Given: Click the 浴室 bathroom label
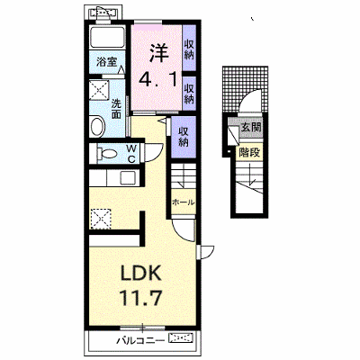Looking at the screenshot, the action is [106, 62].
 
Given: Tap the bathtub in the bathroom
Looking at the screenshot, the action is [107, 37].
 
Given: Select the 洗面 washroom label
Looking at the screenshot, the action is [116, 109].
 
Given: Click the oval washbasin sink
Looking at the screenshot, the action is [97, 127].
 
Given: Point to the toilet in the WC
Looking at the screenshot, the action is [105, 154].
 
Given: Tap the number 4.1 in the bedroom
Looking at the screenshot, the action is [157, 79].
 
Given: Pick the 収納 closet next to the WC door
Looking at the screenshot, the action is [184, 137].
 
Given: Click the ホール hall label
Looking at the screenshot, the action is [183, 202].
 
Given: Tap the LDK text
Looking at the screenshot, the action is [141, 273].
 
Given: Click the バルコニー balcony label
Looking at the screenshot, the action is [140, 340].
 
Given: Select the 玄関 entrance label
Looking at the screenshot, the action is [251, 128].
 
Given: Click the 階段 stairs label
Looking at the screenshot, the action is [249, 153].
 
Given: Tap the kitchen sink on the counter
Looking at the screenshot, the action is [129, 178].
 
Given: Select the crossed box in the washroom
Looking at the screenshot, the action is [99, 89].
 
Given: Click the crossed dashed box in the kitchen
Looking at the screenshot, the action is [101, 219].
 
